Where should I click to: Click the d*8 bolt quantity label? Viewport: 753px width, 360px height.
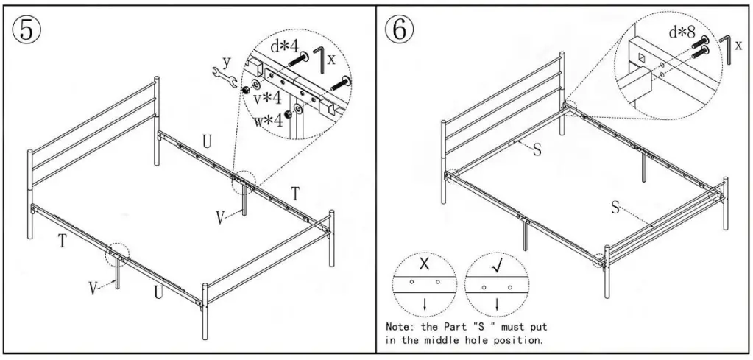(682, 32)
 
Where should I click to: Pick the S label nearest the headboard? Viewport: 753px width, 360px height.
(537, 149)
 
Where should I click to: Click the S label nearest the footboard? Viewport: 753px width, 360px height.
(614, 207)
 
